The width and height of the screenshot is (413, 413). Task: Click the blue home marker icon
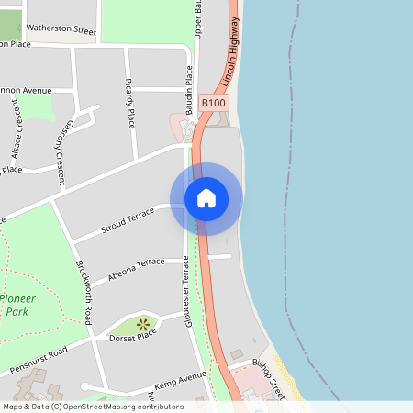click(x=206, y=198)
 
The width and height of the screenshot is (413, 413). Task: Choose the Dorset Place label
click(x=134, y=336)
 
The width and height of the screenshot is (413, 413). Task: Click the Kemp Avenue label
click(x=180, y=378)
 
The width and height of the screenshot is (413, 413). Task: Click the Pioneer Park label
click(x=18, y=306)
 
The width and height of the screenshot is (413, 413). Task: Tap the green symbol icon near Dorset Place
click(x=142, y=323)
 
